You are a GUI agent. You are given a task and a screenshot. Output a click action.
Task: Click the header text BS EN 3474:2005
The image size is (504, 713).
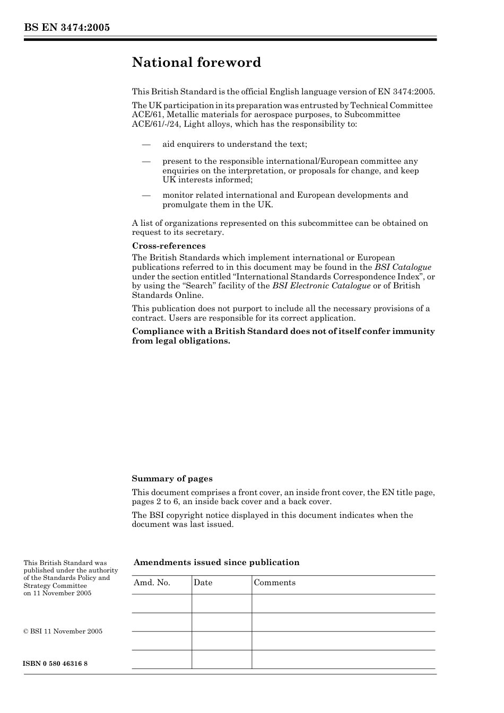point(66,28)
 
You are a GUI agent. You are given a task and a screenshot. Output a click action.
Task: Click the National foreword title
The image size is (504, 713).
point(196,63)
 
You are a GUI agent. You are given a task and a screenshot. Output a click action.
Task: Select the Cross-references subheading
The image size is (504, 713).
point(168,246)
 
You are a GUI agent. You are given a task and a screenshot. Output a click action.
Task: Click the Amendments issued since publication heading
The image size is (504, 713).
point(216,562)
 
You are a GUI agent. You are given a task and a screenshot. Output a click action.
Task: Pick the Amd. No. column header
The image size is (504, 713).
point(152,583)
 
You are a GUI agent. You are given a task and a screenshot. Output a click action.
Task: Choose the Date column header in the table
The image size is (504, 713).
point(203,583)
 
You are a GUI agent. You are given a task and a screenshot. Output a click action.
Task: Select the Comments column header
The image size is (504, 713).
point(274,583)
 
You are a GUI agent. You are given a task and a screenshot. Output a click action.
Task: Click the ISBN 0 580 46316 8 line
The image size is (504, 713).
point(55,664)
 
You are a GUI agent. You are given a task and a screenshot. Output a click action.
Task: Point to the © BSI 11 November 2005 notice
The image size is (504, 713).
point(63,631)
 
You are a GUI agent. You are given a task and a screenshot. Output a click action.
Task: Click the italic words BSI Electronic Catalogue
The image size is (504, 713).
point(321,286)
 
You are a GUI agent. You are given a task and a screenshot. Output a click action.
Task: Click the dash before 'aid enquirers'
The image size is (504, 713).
point(146,144)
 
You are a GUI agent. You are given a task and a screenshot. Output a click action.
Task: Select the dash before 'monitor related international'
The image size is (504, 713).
point(146,195)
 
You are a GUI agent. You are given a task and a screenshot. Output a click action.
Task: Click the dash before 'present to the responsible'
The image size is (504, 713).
point(146,161)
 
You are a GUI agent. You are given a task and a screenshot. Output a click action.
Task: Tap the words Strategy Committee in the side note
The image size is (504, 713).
point(55,586)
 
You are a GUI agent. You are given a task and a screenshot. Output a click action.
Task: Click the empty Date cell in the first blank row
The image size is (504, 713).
point(221,603)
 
